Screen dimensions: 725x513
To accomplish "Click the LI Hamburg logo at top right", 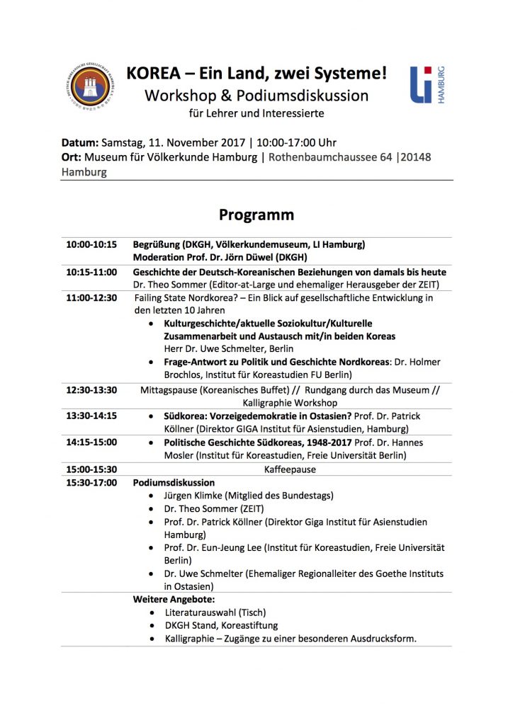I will [427, 86].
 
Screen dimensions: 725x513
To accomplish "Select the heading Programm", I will [256, 214].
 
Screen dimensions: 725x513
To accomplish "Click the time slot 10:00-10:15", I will [91, 245].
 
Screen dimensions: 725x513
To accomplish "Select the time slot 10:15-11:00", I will [91, 272].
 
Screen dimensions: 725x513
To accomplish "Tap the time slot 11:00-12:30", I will [91, 298].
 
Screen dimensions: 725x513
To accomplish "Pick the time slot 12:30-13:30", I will [91, 389].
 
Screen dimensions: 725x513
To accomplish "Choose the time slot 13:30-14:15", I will [91, 416].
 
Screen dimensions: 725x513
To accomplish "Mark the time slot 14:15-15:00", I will [91, 443].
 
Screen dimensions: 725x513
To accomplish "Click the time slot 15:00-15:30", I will [91, 469].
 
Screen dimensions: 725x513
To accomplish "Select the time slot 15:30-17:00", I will [91, 482].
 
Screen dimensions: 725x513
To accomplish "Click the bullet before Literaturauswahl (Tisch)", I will [154, 612].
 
